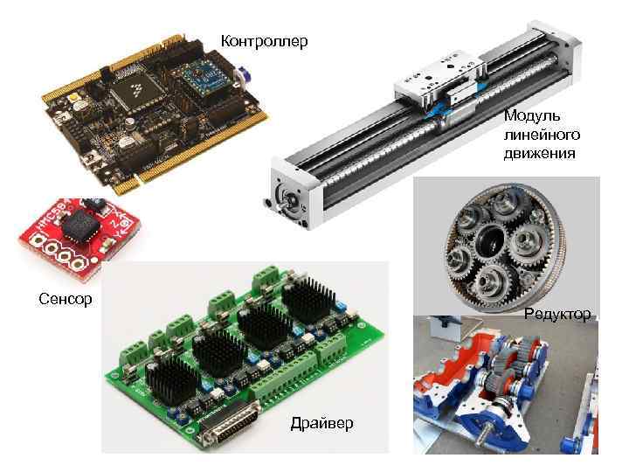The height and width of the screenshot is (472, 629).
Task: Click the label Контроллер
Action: [264, 42]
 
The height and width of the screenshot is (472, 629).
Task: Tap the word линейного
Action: [541, 135]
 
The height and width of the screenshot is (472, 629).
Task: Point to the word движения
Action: [539, 154]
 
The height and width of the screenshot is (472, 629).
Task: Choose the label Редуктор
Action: [557, 313]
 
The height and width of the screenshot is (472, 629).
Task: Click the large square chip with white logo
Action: [139, 89]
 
